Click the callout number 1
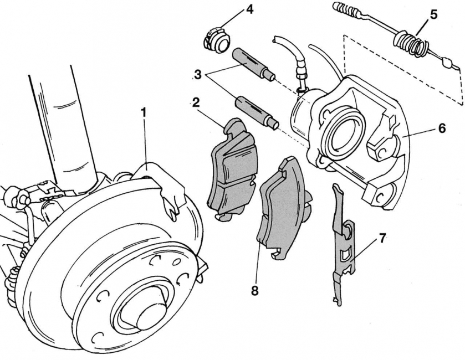tap(144, 112)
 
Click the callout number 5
tap(433, 14)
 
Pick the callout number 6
tap(441, 128)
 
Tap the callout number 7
tap(382, 239)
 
